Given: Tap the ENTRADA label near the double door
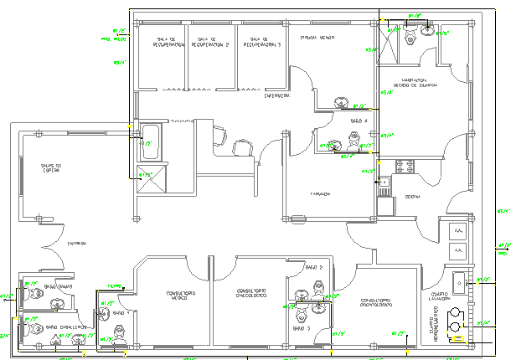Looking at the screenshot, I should [x=78, y=244].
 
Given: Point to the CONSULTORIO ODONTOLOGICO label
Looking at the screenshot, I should [x=250, y=294].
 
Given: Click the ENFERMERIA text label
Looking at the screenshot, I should [x=277, y=97].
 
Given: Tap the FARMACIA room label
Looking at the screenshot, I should [x=319, y=193].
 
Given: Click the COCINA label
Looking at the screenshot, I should [x=413, y=197].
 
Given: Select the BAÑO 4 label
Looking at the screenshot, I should [x=359, y=121].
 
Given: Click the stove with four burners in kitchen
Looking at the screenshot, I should [x=405, y=167].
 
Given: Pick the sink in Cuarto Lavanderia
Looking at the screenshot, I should [x=459, y=283].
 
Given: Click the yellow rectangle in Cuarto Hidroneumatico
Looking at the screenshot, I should [x=455, y=338].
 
